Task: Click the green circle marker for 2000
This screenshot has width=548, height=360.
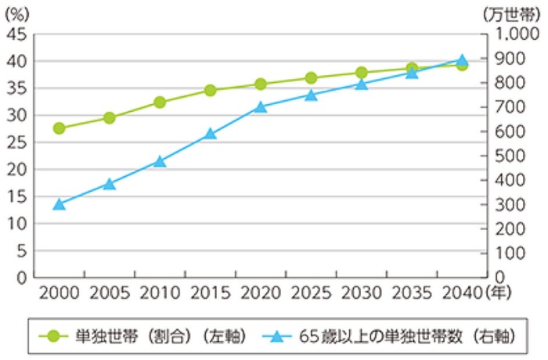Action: (59, 128)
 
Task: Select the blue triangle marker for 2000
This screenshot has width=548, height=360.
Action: (59, 204)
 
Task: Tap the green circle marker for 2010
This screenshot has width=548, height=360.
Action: (160, 103)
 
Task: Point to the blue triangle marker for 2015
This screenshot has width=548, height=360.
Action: (210, 134)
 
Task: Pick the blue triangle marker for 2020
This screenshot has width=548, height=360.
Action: (261, 106)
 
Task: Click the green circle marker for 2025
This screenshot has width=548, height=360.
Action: (311, 78)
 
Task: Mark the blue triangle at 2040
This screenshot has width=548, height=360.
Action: (462, 60)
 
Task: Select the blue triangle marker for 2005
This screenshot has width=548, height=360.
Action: (110, 184)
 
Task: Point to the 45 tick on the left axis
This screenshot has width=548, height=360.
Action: (17, 34)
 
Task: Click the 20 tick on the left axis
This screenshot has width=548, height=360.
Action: (17, 170)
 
